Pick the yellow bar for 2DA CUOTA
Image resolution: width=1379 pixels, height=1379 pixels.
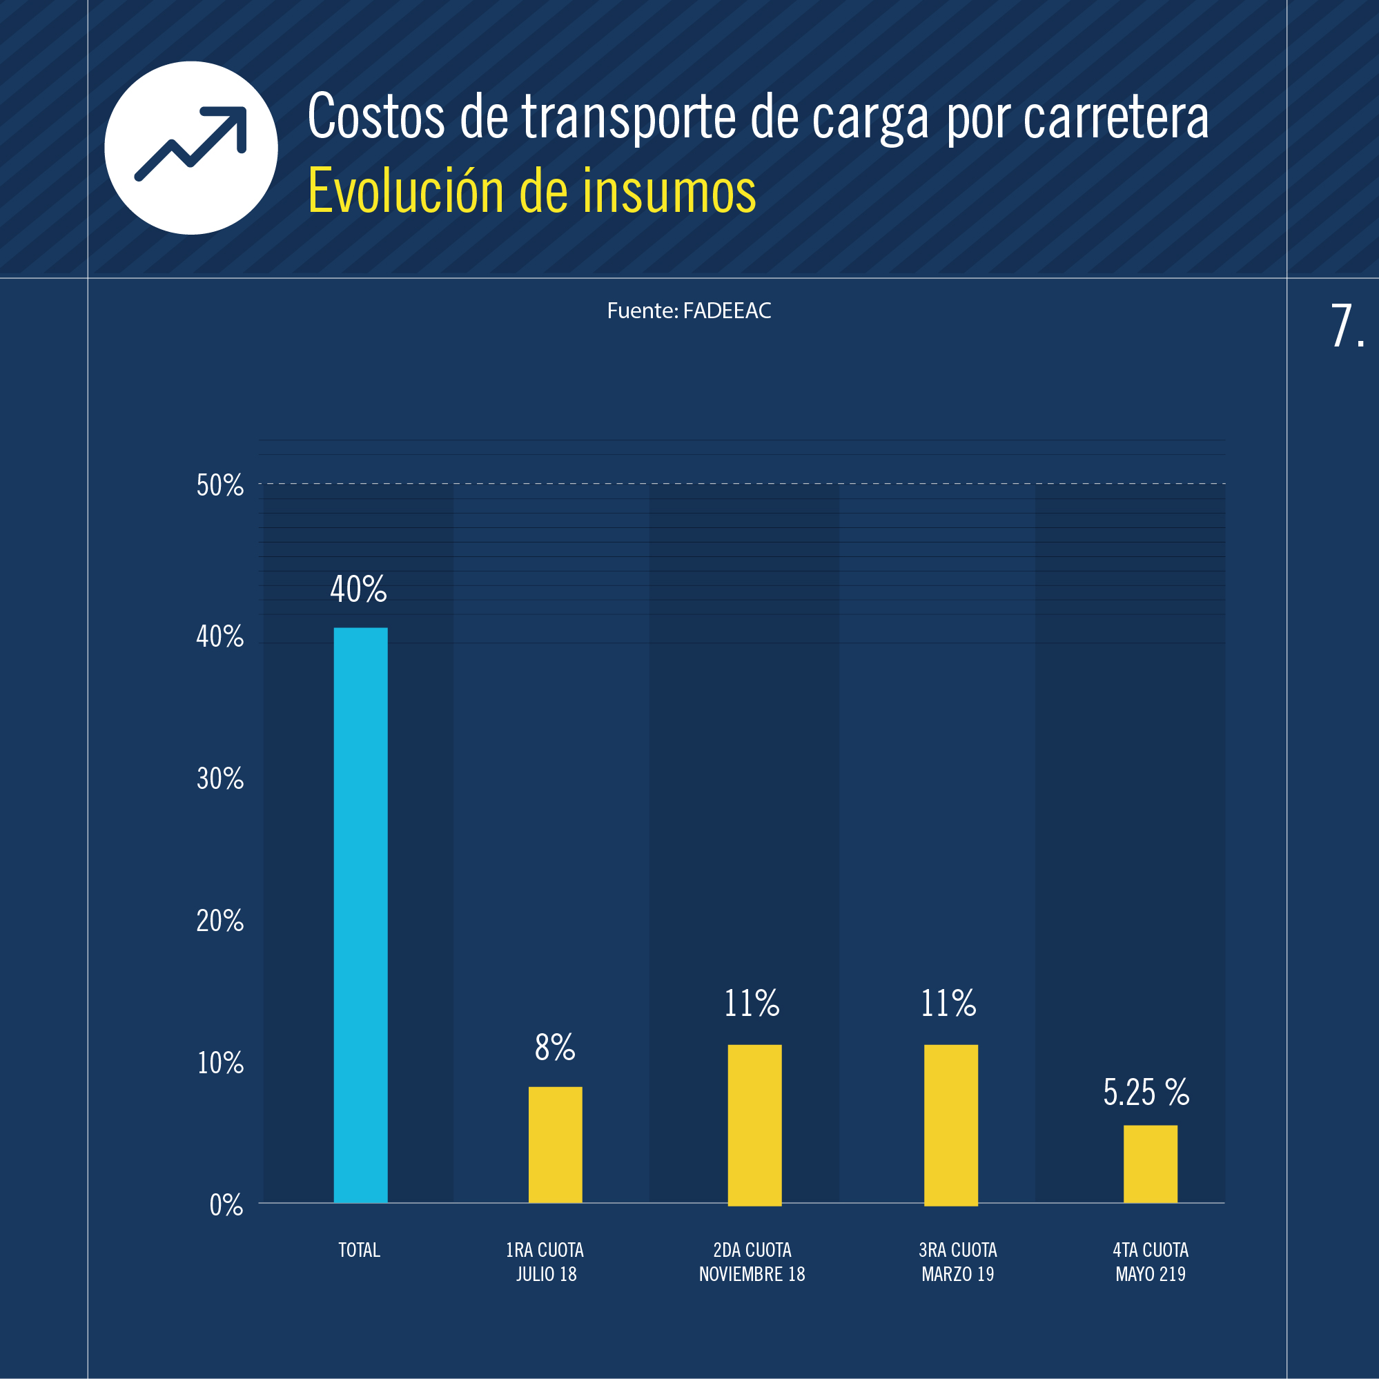point(754,1124)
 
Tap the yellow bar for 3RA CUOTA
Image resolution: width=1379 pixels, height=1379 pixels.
point(951,1124)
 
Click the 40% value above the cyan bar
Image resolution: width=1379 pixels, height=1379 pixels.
point(358,589)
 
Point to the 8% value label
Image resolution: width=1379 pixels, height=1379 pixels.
point(555,1047)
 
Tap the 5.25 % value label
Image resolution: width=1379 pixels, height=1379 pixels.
point(1146,1092)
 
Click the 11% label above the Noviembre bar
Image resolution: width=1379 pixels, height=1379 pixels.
point(752,1004)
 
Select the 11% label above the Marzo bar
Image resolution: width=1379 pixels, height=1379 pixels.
point(948,1004)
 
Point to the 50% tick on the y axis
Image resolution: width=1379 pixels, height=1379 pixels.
point(220,486)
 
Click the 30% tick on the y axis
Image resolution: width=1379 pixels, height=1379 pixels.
point(220,779)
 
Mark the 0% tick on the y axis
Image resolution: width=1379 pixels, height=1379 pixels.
point(226,1206)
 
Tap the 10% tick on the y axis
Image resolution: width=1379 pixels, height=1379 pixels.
point(220,1064)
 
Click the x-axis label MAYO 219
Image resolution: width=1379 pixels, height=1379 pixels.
point(1150,1274)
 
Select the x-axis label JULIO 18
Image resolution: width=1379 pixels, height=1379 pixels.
point(546,1274)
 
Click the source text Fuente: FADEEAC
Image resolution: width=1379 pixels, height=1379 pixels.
point(689,311)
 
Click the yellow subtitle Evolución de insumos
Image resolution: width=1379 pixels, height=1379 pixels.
point(531,191)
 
